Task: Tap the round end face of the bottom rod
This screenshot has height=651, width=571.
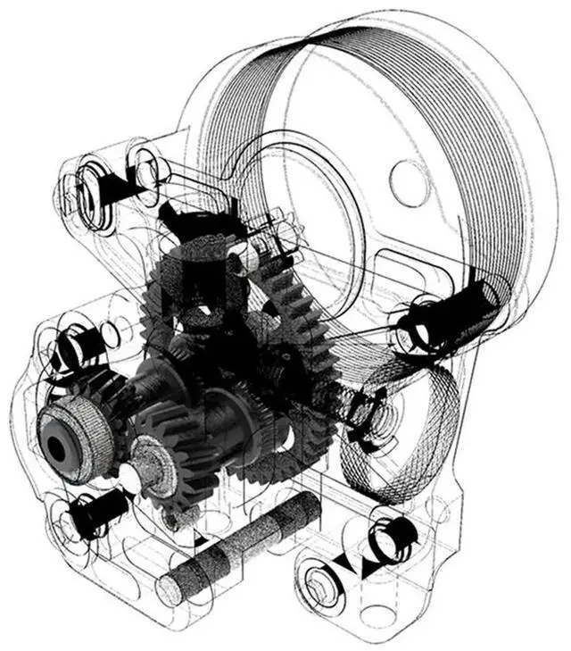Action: (170, 589)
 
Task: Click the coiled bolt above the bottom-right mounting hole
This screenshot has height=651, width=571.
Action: (393, 536)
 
